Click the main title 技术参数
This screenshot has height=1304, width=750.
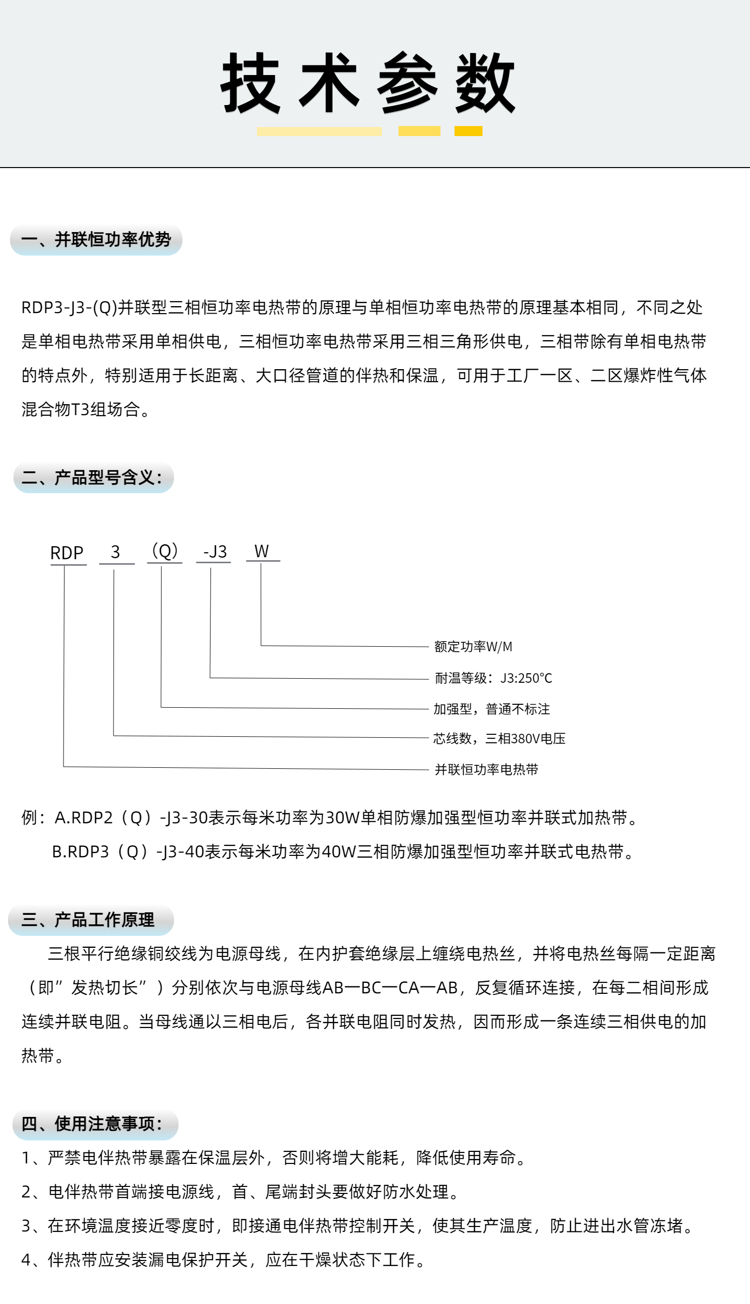tap(368, 83)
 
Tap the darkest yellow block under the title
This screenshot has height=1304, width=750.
tap(467, 131)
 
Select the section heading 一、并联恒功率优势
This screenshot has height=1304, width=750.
tap(96, 240)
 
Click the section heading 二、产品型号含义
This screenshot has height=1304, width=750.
tap(92, 478)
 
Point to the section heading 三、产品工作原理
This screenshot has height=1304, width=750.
tap(88, 920)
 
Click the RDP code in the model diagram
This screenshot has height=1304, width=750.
tap(66, 553)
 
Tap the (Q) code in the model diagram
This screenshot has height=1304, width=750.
tap(165, 551)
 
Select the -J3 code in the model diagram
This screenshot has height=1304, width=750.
tap(214, 552)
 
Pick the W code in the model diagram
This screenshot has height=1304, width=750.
tap(261, 551)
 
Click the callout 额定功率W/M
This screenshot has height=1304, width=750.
tap(473, 647)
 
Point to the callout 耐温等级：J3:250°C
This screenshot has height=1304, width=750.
tap(493, 678)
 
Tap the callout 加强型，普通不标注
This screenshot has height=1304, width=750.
tap(491, 709)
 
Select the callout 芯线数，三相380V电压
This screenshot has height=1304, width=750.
tap(499, 738)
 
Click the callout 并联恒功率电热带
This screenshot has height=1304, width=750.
tap(486, 769)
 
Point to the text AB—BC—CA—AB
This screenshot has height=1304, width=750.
tap(389, 987)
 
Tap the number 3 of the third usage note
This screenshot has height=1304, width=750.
tap(26, 1225)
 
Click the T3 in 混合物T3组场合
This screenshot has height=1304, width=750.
tap(80, 409)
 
